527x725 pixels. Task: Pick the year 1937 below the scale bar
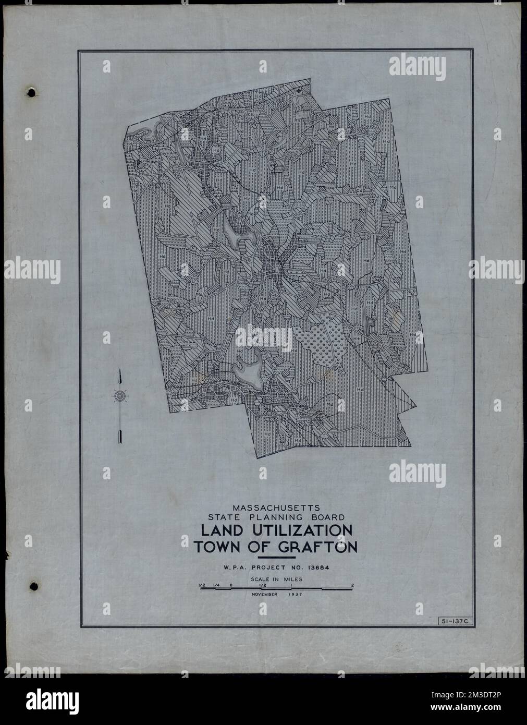pos(295,594)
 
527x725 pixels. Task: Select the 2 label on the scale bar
pos(352,585)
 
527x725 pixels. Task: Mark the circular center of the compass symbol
pos(120,396)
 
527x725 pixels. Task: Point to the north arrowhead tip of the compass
pos(120,370)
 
